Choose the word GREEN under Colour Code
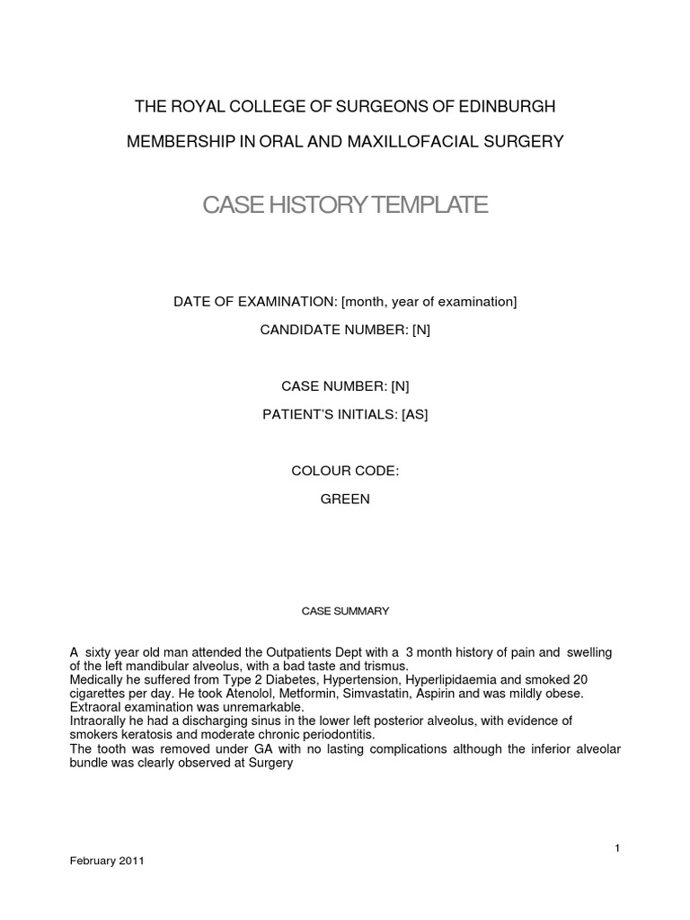[x=345, y=499]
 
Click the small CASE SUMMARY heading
[x=345, y=611]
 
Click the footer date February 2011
[x=107, y=860]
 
